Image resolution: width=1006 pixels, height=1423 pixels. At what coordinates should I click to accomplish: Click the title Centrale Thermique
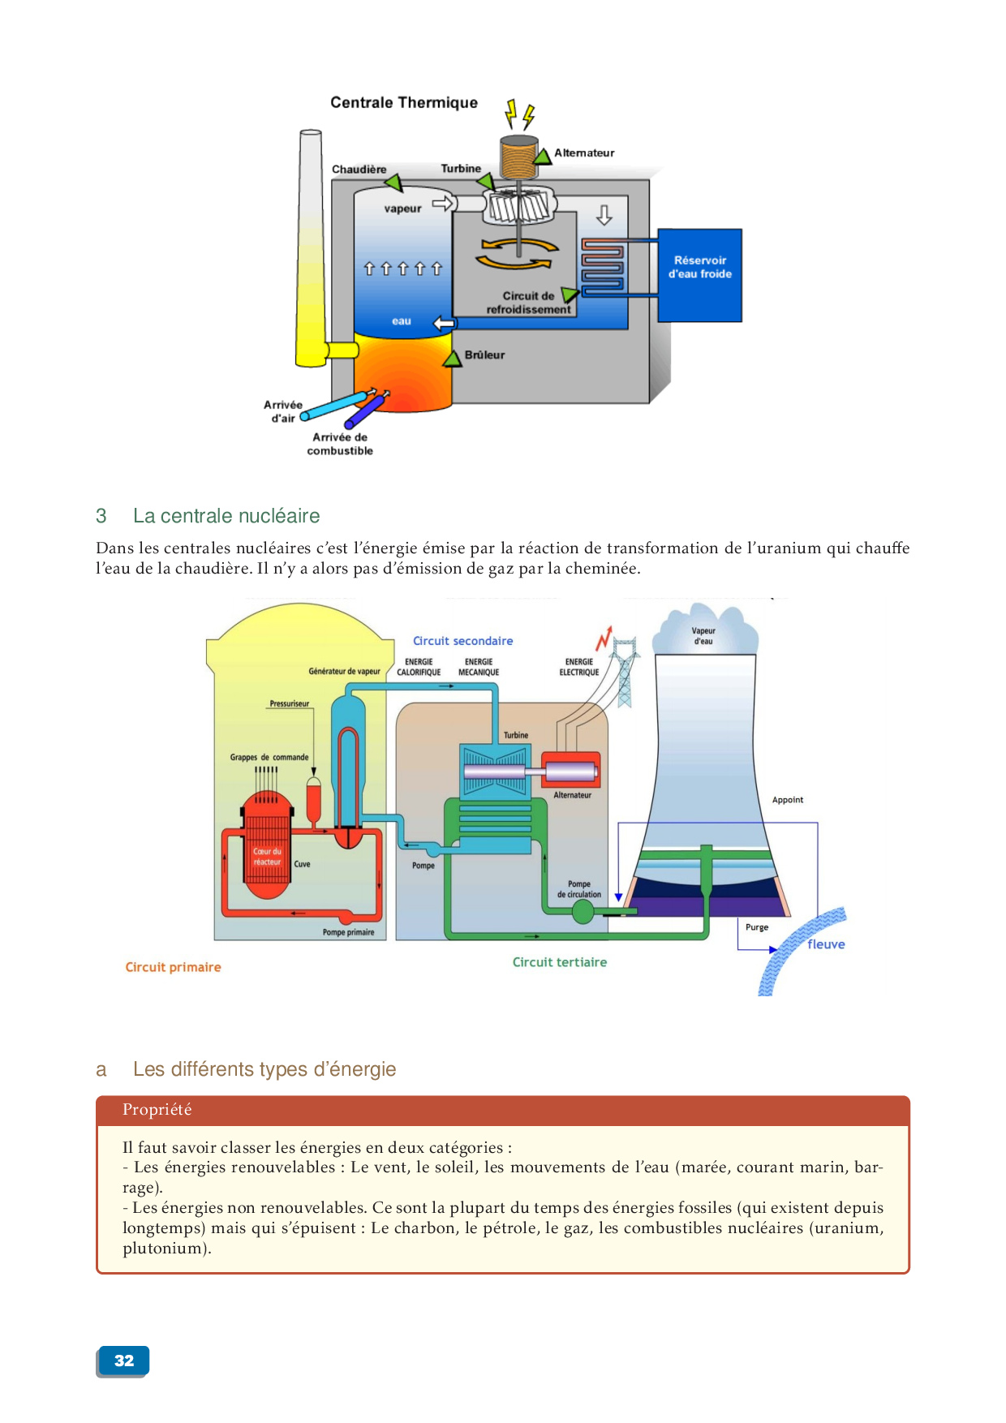click(x=403, y=102)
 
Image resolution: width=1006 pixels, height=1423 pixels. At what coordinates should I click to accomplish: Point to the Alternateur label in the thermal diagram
click(x=584, y=153)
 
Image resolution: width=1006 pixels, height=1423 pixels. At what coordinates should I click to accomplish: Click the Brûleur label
click(x=484, y=355)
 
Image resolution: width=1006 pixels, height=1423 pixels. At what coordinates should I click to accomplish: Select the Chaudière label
click(x=359, y=169)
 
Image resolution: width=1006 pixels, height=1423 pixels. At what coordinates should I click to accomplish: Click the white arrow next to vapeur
click(x=443, y=203)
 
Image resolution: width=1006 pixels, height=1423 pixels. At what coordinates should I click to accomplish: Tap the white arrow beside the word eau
click(x=444, y=324)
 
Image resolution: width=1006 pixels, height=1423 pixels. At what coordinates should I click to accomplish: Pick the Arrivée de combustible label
click(x=340, y=444)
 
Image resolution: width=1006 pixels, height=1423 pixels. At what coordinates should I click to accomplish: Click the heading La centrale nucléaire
click(x=226, y=516)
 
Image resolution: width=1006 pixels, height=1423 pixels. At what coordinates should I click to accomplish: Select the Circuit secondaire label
click(x=462, y=641)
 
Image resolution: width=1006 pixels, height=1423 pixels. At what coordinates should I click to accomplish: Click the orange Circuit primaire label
click(x=173, y=967)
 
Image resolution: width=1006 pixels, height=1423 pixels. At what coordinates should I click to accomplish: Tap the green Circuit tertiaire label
click(x=559, y=962)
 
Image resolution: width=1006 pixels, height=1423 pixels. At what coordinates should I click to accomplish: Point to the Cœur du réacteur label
click(x=267, y=857)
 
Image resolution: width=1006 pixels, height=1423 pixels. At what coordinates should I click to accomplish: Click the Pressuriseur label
click(x=290, y=703)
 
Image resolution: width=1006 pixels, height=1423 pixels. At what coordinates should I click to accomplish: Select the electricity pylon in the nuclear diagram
click(x=624, y=673)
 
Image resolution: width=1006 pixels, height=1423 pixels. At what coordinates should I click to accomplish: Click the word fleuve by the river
click(x=826, y=944)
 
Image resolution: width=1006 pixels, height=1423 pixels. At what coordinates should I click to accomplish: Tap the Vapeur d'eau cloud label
click(x=703, y=636)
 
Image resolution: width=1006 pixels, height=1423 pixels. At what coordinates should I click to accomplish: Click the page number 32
click(x=123, y=1361)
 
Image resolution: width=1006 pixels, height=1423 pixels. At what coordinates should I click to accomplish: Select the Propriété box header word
click(x=157, y=1110)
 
